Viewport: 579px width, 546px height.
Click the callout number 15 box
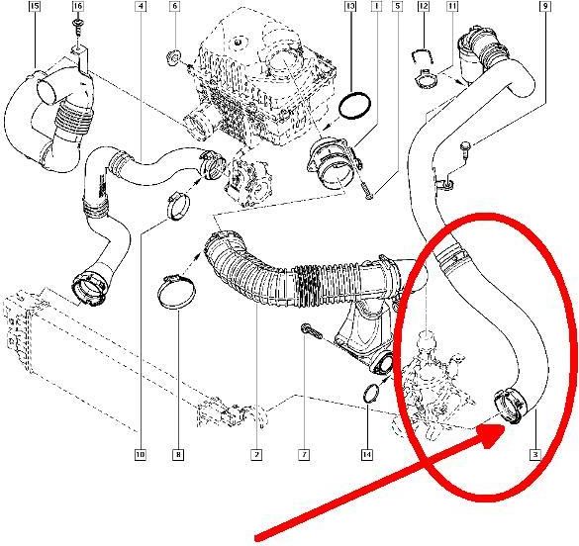point(35,6)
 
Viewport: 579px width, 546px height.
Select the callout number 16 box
point(77,6)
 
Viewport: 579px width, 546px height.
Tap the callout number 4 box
point(141,6)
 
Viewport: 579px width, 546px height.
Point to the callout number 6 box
point(175,6)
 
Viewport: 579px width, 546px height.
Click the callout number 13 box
point(350,6)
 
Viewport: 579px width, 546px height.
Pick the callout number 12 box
point(424,6)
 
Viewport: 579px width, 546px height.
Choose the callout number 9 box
point(545,6)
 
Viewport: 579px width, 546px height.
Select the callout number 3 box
point(535,455)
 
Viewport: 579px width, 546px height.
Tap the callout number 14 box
point(367,455)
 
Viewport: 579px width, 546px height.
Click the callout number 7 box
point(304,455)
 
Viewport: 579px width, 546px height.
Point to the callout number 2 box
point(256,455)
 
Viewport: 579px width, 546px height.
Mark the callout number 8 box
point(178,455)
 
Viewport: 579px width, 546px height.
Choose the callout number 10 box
point(140,455)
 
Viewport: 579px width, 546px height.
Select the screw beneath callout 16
point(77,28)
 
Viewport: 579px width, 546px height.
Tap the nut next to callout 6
point(172,58)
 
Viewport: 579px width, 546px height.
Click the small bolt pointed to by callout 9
point(464,149)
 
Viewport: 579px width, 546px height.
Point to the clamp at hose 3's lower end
point(511,406)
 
